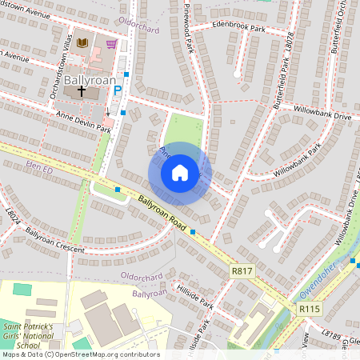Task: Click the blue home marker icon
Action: point(180,173)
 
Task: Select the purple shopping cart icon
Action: point(111,44)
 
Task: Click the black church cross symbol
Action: point(81,92)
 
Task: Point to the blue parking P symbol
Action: point(118,91)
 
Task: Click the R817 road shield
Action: point(241,271)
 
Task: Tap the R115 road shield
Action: point(309,308)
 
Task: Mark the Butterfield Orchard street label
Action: point(341,27)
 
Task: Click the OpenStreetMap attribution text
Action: point(81,354)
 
